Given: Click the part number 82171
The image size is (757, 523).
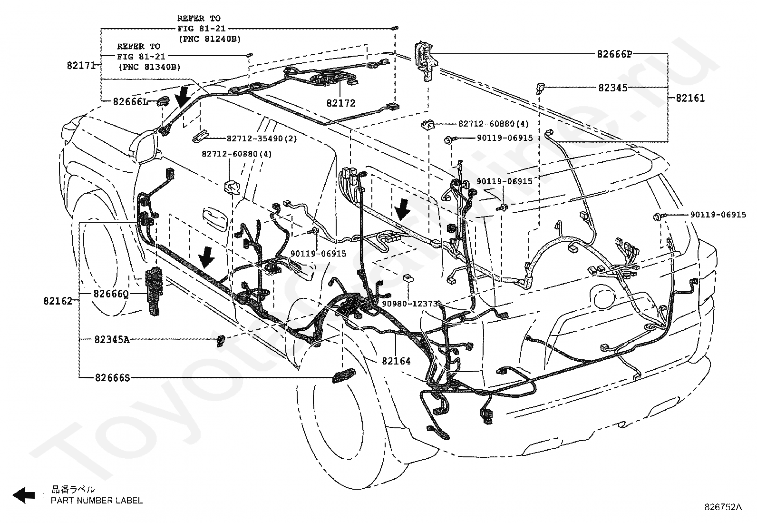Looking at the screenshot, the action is coord(81,65).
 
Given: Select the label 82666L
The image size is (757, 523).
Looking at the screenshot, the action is coord(131,101).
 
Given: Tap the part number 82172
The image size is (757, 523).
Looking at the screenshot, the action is coord(340,103).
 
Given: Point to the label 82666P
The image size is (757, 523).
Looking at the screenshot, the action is coord(614,54).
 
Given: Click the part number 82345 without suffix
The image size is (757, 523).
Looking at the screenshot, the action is coord(613,88).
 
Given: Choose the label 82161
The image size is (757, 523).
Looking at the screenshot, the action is coord(690,98).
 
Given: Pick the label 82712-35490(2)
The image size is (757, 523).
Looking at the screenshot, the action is coord(262,138).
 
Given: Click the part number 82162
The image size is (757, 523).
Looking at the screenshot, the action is coord(58,301).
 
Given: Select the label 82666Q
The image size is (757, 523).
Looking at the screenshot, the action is coord(111,294).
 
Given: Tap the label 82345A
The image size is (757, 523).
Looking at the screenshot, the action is coord(112,339).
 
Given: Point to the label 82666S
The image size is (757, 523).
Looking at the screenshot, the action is coord(113,377).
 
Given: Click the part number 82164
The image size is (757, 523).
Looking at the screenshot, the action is coord(396,361).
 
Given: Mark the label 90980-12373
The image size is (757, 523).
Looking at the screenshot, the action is coord(410,304).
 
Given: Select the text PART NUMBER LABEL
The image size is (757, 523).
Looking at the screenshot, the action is coord(97,500).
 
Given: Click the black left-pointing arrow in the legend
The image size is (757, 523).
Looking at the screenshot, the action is coord(24,495).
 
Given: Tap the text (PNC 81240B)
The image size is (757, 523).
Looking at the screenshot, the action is coord(210,39).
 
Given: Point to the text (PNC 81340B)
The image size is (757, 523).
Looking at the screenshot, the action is coord(149,67).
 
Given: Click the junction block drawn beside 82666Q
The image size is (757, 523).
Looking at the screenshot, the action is coord(154,291).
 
